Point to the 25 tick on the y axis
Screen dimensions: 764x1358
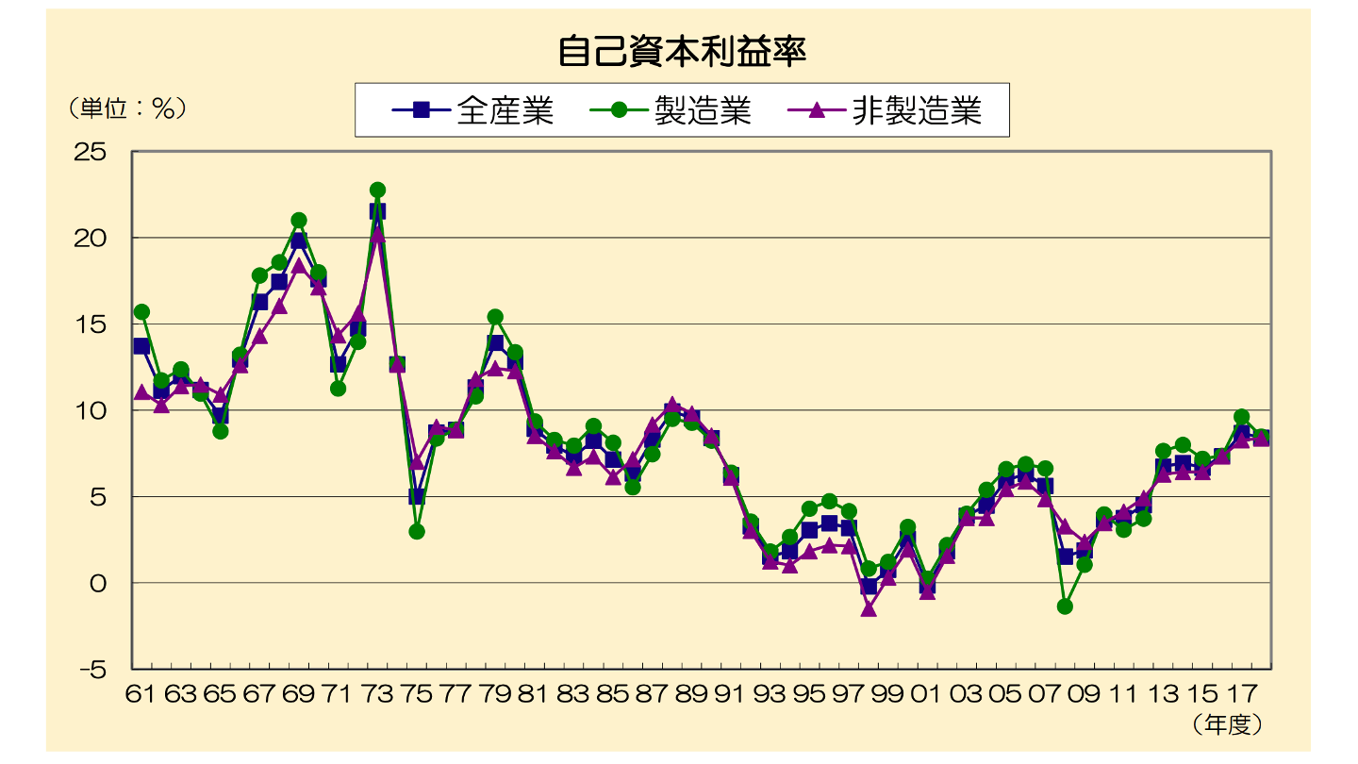click(x=91, y=152)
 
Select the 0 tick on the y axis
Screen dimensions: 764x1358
click(x=99, y=584)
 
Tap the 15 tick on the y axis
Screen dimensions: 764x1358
click(x=91, y=324)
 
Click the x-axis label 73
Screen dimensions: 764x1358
click(x=377, y=695)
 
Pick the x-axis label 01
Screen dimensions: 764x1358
click(x=927, y=695)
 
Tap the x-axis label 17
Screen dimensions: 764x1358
click(x=1241, y=695)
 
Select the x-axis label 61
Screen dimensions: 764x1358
click(x=141, y=695)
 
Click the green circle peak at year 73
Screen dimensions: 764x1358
click(x=377, y=191)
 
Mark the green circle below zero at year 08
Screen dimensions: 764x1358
click(x=1065, y=606)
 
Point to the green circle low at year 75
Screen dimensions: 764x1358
click(x=417, y=532)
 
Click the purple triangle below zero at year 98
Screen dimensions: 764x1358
click(x=869, y=609)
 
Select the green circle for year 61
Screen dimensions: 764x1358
click(x=141, y=312)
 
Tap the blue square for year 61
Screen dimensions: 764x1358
click(x=141, y=346)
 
